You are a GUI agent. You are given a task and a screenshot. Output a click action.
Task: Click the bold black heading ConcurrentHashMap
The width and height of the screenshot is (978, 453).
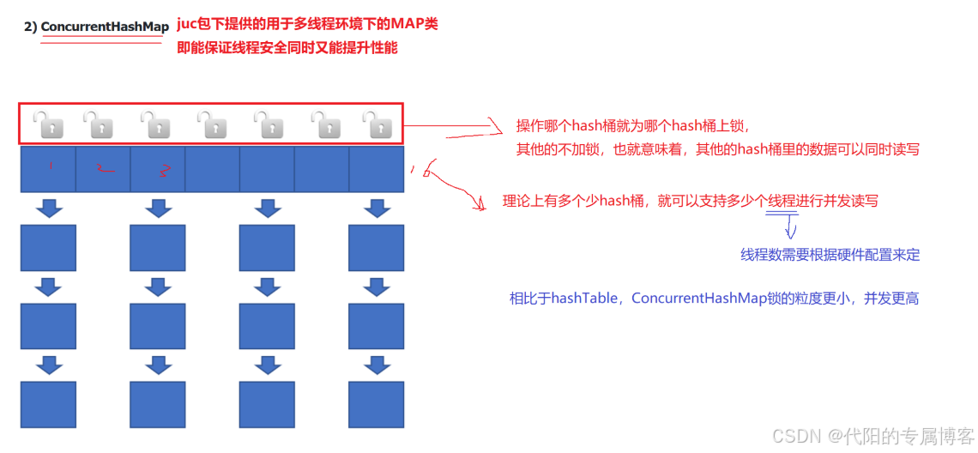click(x=105, y=27)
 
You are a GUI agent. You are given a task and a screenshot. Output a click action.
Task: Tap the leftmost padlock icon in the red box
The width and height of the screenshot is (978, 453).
click(x=47, y=124)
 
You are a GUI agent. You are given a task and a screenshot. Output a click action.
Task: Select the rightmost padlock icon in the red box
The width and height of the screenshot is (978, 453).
click(x=376, y=124)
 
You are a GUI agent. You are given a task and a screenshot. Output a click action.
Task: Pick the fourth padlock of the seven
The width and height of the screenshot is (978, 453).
click(x=211, y=124)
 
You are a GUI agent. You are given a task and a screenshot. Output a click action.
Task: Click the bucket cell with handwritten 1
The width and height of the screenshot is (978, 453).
click(x=48, y=169)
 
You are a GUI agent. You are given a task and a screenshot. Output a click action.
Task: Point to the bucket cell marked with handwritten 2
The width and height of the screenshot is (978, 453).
click(x=103, y=169)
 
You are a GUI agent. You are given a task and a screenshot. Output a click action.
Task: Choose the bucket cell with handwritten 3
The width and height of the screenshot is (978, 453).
click(x=157, y=169)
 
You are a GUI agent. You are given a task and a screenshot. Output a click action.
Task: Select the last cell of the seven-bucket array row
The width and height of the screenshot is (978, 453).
click(x=376, y=169)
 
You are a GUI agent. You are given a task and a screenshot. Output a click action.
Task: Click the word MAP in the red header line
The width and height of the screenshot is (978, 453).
click(x=405, y=24)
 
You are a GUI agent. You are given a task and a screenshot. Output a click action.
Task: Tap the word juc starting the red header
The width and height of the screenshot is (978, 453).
click(x=187, y=24)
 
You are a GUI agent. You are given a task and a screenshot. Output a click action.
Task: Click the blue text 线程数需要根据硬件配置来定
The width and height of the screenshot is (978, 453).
click(x=830, y=255)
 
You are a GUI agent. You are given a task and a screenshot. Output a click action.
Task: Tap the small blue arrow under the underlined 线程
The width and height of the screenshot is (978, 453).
click(x=791, y=229)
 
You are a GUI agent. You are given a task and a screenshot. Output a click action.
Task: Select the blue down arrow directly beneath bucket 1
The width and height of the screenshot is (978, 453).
click(x=48, y=208)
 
